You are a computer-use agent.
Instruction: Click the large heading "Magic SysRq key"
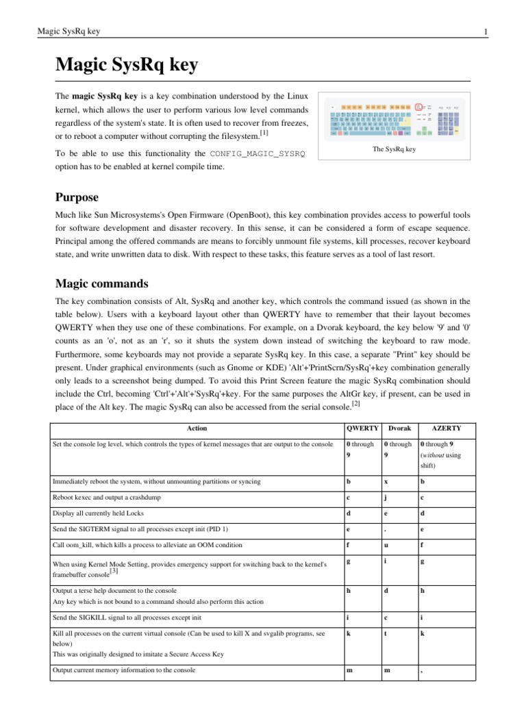126,65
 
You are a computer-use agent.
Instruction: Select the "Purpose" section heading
77,198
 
